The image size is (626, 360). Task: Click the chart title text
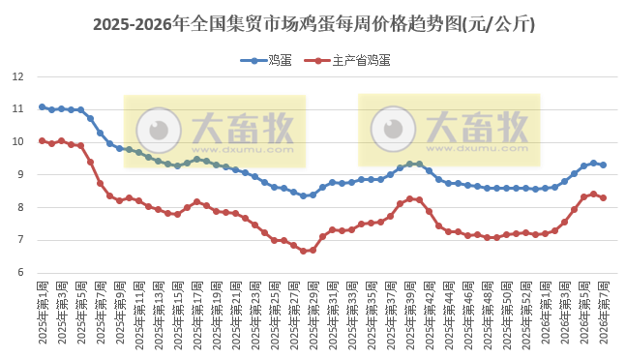coord(313,25)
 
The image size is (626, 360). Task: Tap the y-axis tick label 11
coord(17,108)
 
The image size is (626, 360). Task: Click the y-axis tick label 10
coord(17,141)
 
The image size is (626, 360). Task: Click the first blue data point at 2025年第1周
coord(42,106)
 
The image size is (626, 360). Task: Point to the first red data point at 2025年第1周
coord(42,140)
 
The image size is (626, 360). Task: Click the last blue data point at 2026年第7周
coord(603,165)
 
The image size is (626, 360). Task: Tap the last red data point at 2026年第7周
coord(603,197)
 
